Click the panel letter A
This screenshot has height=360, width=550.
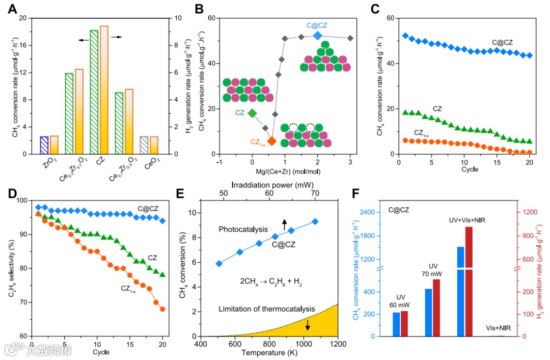12,8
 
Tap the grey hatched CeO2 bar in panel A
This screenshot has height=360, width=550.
144,145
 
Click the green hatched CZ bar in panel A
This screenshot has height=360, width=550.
94,92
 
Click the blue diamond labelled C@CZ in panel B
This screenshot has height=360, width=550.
317,35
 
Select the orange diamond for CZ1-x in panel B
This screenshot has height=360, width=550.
272,141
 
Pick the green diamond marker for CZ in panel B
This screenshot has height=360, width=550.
252,113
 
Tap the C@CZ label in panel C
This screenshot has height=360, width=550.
503,43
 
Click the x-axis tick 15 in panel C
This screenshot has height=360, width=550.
497,162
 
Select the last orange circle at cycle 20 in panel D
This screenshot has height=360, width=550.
162,309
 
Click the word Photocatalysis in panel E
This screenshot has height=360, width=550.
243,230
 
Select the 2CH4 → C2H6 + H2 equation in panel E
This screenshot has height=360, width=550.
270,282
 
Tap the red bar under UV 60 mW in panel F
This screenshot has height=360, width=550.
404,323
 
